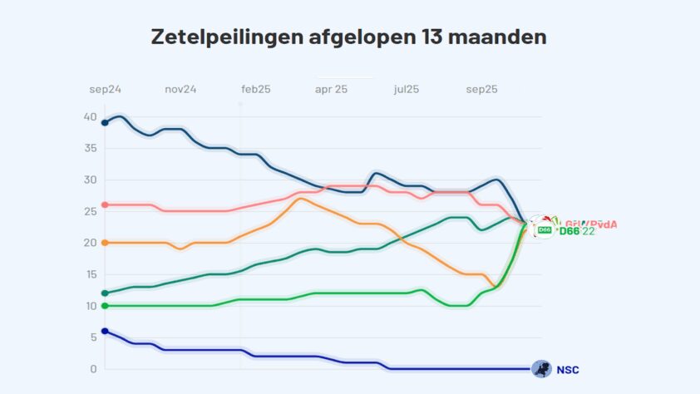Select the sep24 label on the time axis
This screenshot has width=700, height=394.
(106, 89)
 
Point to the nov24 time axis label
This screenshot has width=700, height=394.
(180, 89)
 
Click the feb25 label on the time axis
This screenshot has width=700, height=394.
(255, 89)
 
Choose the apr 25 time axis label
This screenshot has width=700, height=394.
(331, 89)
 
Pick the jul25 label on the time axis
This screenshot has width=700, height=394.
(407, 89)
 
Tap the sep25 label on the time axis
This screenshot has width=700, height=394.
(481, 89)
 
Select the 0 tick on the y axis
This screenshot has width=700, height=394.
(94, 369)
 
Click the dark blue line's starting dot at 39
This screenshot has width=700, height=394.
(105, 123)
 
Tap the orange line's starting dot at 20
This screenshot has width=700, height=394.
(105, 243)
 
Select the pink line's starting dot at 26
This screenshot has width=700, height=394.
(105, 204)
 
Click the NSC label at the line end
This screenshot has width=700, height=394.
(567, 370)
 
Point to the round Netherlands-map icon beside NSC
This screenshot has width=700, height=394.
(541, 369)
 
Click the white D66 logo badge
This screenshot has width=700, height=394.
(545, 229)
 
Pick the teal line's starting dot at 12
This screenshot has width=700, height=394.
(105, 293)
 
